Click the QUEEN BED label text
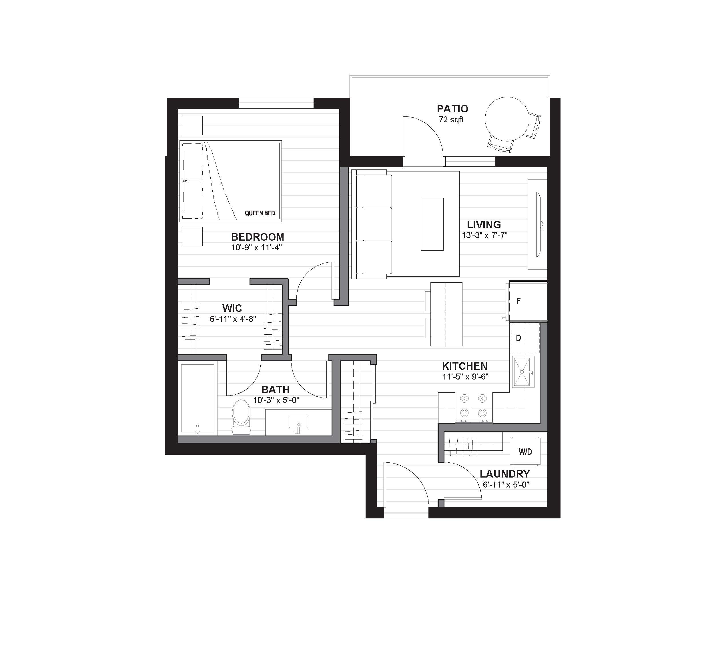260,213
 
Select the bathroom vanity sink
298,423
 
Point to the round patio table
507,119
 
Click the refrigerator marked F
527,301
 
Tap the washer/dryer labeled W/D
525,451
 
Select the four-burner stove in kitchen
474,407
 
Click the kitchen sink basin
523,372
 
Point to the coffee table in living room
432,224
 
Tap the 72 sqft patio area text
451,119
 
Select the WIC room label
232,308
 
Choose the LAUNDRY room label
505,474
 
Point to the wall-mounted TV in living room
538,224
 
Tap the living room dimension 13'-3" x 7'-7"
485,235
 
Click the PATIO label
452,109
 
